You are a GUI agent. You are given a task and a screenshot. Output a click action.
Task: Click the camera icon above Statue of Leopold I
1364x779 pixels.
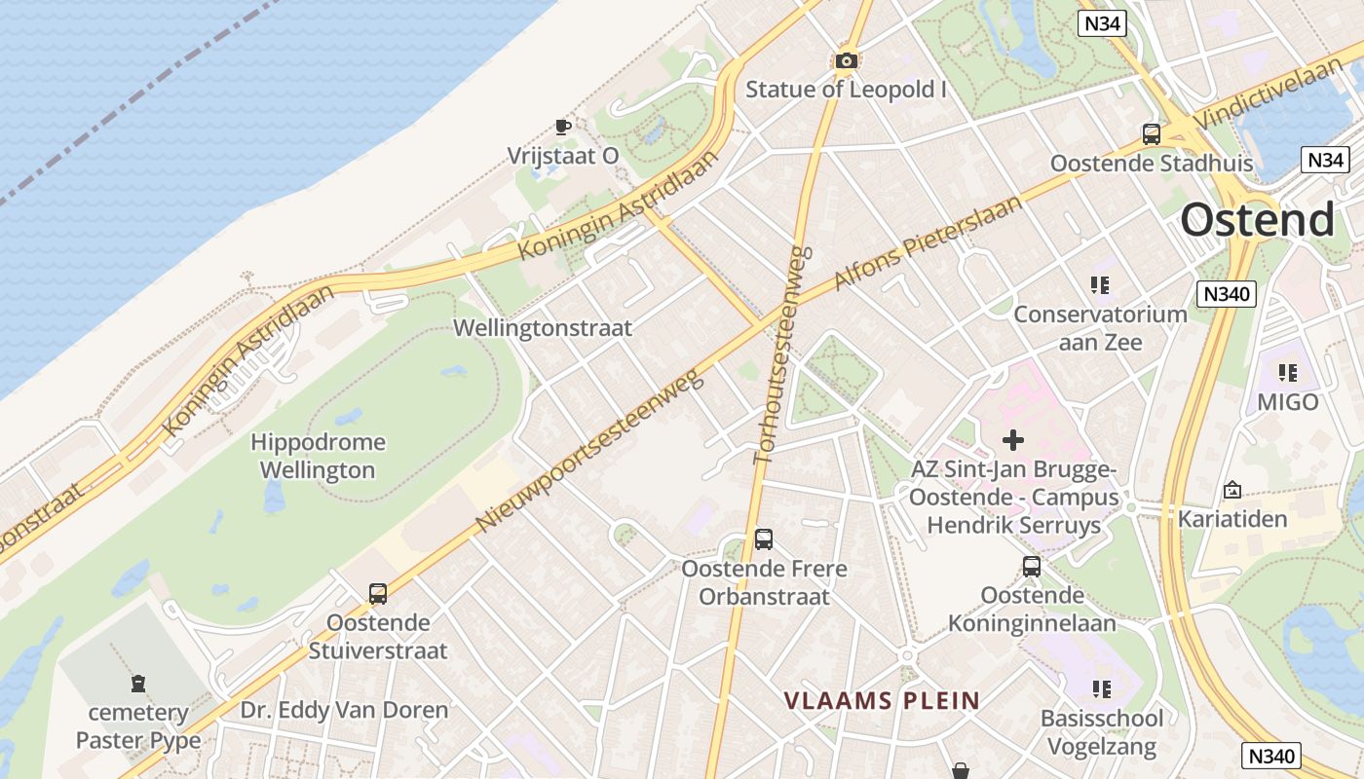(846, 61)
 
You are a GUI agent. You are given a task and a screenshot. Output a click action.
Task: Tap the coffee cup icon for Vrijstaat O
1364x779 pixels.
(562, 127)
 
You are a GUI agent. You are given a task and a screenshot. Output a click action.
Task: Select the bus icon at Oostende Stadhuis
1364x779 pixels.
(1151, 134)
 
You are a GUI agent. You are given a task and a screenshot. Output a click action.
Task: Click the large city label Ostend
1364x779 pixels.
(1257, 221)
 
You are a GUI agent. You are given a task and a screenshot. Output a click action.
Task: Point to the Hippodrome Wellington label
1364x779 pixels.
(318, 456)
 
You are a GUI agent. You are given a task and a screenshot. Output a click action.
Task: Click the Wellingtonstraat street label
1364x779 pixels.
(543, 328)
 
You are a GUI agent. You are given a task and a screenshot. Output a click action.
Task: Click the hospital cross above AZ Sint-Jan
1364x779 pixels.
(1013, 440)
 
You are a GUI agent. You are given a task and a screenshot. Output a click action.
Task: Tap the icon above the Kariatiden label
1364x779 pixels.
(1231, 490)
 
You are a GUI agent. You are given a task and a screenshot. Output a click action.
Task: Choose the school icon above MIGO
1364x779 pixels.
(1288, 373)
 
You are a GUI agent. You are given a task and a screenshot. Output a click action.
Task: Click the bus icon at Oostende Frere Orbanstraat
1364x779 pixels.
(764, 539)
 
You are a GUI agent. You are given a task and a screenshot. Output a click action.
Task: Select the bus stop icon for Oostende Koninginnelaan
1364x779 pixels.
(1032, 566)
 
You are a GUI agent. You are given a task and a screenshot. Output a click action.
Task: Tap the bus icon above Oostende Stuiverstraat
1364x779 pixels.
(378, 593)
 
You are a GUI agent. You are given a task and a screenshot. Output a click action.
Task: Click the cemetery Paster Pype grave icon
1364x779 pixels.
(138, 684)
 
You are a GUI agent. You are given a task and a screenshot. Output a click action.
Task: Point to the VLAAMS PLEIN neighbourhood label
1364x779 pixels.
(882, 700)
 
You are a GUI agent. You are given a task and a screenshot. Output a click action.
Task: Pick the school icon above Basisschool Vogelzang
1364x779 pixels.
(1102, 689)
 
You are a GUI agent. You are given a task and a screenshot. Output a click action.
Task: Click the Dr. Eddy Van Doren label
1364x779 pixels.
(344, 710)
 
